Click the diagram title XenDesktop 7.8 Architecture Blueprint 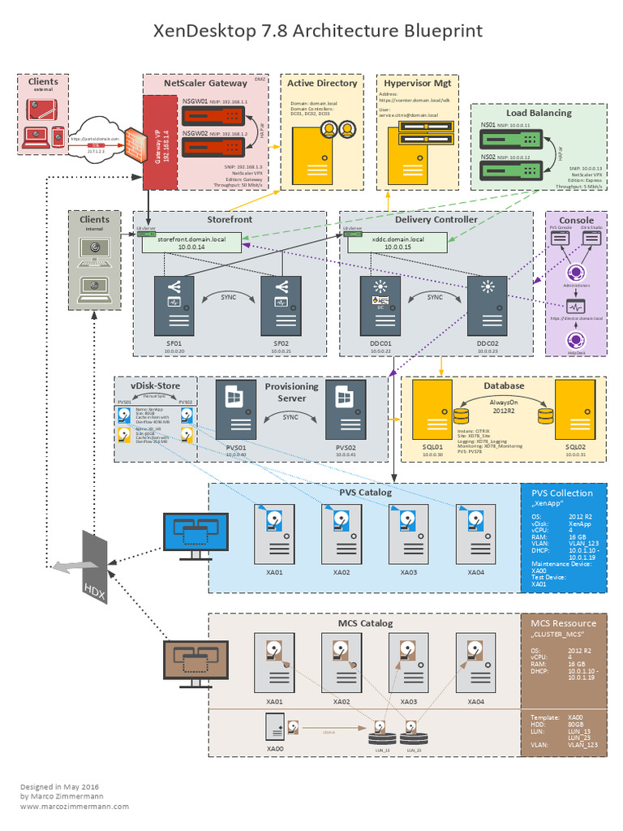click(318, 32)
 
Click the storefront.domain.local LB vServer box click(193, 241)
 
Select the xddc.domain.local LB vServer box click(397, 241)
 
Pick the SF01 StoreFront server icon click(175, 305)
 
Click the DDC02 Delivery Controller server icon click(488, 305)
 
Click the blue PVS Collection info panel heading click(561, 493)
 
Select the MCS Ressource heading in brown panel click(563, 623)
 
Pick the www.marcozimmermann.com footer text click(75, 806)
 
